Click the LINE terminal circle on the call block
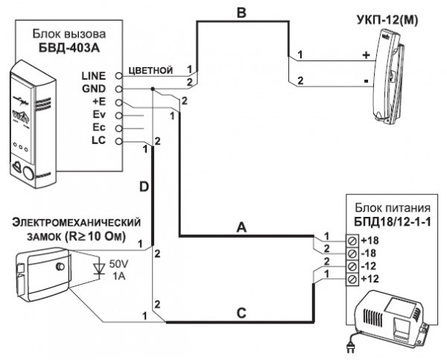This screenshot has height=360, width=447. (119, 76)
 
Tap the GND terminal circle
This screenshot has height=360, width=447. (119, 89)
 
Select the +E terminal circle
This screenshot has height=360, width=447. (119, 102)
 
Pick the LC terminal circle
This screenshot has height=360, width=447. (119, 141)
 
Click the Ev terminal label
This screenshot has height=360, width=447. (99, 115)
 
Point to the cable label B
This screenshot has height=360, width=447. (241, 13)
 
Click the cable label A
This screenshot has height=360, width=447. (241, 227)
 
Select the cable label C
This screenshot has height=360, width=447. (241, 314)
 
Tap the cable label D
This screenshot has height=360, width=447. (145, 187)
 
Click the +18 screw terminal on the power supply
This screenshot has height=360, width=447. (352, 241)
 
